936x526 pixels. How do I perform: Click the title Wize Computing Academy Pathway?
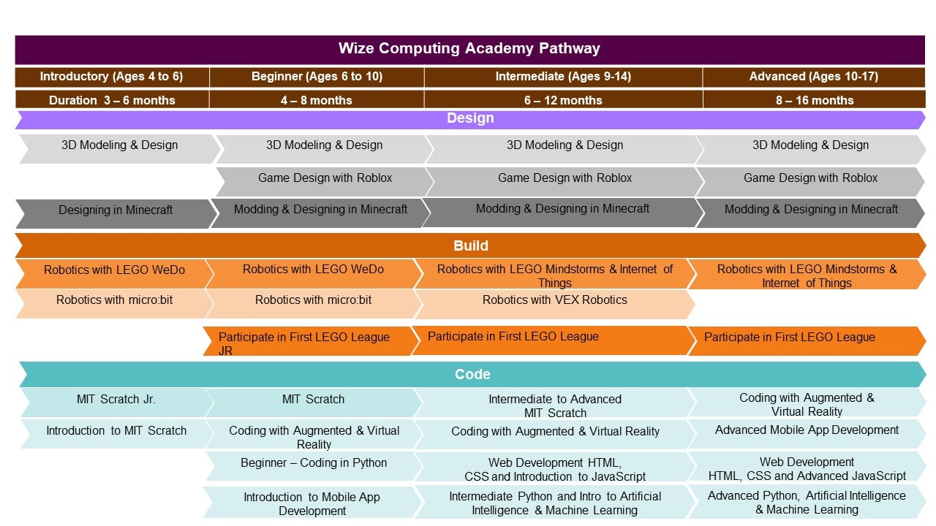(469, 48)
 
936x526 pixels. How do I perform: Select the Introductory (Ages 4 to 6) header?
(112, 77)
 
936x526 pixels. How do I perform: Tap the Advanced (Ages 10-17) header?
(814, 77)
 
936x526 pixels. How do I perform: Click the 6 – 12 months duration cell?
(563, 100)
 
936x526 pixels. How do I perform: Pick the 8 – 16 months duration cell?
(815, 100)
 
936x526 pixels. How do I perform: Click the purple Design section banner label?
(470, 118)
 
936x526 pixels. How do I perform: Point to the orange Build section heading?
(471, 246)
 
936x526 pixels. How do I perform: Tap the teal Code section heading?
(472, 375)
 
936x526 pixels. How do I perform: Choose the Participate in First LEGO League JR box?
(311, 341)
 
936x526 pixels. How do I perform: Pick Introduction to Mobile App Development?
(312, 503)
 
